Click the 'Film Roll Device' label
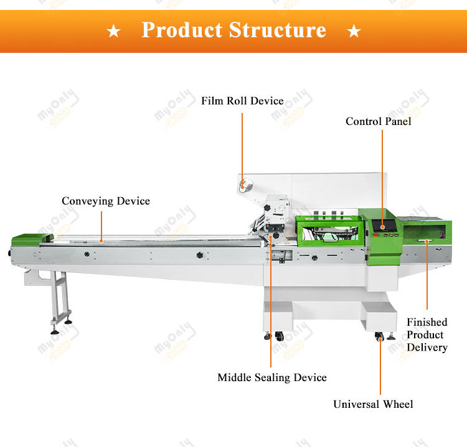pyautogui.click(x=242, y=101)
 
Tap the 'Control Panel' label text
pyautogui.click(x=379, y=121)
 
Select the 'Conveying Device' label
pyautogui.click(x=106, y=201)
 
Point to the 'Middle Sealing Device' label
pyautogui.click(x=272, y=377)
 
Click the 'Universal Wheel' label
pyautogui.click(x=373, y=404)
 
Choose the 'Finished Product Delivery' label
pyautogui.click(x=427, y=334)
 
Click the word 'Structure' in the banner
pyautogui.click(x=278, y=30)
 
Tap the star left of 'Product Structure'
pyautogui.click(x=114, y=31)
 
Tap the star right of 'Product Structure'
pyautogui.click(x=354, y=31)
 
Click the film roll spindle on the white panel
pyautogui.click(x=243, y=183)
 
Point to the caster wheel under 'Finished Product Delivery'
pyautogui.click(x=379, y=336)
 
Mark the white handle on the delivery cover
pyautogui.click(x=427, y=241)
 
